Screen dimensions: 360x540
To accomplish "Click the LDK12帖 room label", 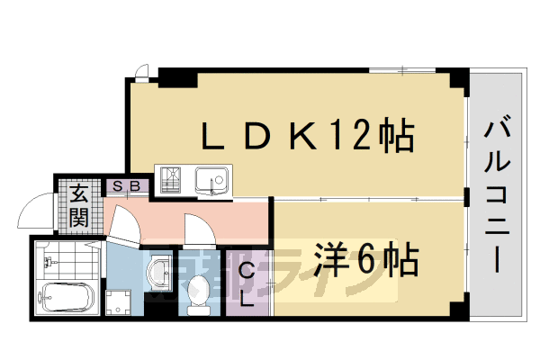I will pos(306,137).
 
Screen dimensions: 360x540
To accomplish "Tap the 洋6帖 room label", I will pos(364,261).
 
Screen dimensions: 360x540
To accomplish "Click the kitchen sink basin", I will pos(213,181).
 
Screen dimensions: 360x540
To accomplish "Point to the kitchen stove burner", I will pos(171,181).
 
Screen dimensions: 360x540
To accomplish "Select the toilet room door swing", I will pos(197,230).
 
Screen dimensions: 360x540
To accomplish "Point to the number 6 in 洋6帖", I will pos(365,261).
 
